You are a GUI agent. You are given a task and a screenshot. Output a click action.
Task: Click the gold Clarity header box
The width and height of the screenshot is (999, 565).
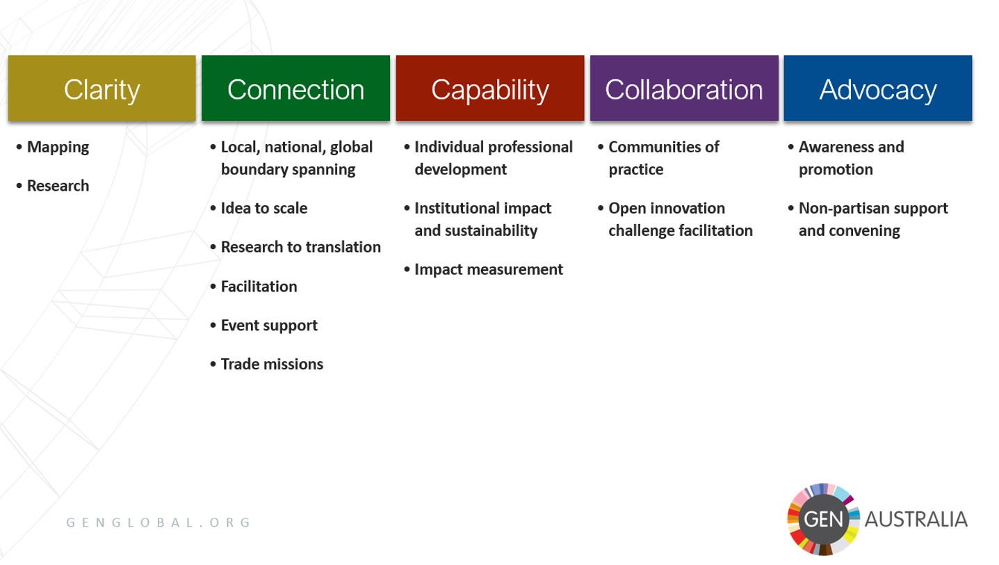101,88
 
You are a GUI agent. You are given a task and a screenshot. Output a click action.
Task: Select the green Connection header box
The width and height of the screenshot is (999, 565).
295,88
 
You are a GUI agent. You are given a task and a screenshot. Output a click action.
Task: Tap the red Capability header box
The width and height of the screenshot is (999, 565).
489,88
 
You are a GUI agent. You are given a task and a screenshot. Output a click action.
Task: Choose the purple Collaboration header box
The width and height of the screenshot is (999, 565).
683,88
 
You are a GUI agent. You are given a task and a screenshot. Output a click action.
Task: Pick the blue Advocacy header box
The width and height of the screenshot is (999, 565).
877,88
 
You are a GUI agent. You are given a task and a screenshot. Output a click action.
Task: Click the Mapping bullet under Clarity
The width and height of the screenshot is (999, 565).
58,147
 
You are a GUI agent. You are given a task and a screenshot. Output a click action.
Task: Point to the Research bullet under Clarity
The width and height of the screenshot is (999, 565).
58,186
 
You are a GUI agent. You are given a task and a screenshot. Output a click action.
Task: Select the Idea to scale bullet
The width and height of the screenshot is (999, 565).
263,208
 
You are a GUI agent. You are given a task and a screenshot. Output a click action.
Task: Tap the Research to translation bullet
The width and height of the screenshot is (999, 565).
300,247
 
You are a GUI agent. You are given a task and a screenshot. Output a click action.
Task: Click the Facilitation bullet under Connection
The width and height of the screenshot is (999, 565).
259,286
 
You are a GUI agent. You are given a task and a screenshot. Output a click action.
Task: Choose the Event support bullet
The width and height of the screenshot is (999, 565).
269,325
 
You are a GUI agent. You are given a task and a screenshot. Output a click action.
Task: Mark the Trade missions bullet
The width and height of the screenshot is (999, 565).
272,364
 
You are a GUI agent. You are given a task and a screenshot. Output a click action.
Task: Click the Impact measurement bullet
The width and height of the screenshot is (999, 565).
488,269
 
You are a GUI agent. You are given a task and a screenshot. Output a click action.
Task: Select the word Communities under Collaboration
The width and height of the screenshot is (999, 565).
653,147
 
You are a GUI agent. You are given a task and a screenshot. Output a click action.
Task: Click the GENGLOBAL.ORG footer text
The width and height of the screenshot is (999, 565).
159,523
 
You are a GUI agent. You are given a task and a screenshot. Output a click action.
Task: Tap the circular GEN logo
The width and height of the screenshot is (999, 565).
823,519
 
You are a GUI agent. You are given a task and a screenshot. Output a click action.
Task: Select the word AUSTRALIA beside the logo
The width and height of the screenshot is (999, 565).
916,519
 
